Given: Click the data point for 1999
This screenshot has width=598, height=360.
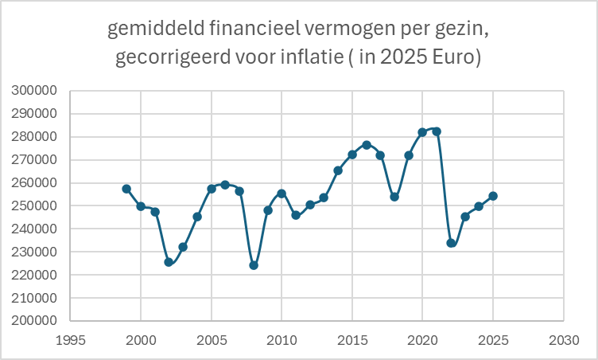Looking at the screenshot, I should click(x=126, y=189).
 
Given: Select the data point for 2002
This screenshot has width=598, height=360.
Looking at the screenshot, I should click(x=169, y=262).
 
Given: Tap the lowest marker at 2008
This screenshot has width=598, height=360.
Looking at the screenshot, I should click(x=254, y=265).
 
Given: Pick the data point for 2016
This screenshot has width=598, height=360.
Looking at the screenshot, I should click(x=367, y=145).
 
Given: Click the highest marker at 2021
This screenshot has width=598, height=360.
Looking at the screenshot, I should click(x=437, y=131).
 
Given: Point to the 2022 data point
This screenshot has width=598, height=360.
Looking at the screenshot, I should click(x=451, y=243).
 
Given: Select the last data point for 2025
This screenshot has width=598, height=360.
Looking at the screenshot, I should click(x=493, y=196).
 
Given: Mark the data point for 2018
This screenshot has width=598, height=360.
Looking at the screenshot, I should click(x=394, y=197).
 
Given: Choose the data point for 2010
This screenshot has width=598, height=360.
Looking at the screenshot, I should click(x=282, y=194).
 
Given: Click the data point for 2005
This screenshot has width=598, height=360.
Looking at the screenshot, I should click(x=212, y=189).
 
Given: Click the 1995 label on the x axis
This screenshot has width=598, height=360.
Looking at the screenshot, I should click(x=71, y=338).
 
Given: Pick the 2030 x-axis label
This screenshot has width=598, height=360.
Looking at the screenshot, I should click(x=563, y=338).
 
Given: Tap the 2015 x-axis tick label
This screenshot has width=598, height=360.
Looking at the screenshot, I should click(x=352, y=338).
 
